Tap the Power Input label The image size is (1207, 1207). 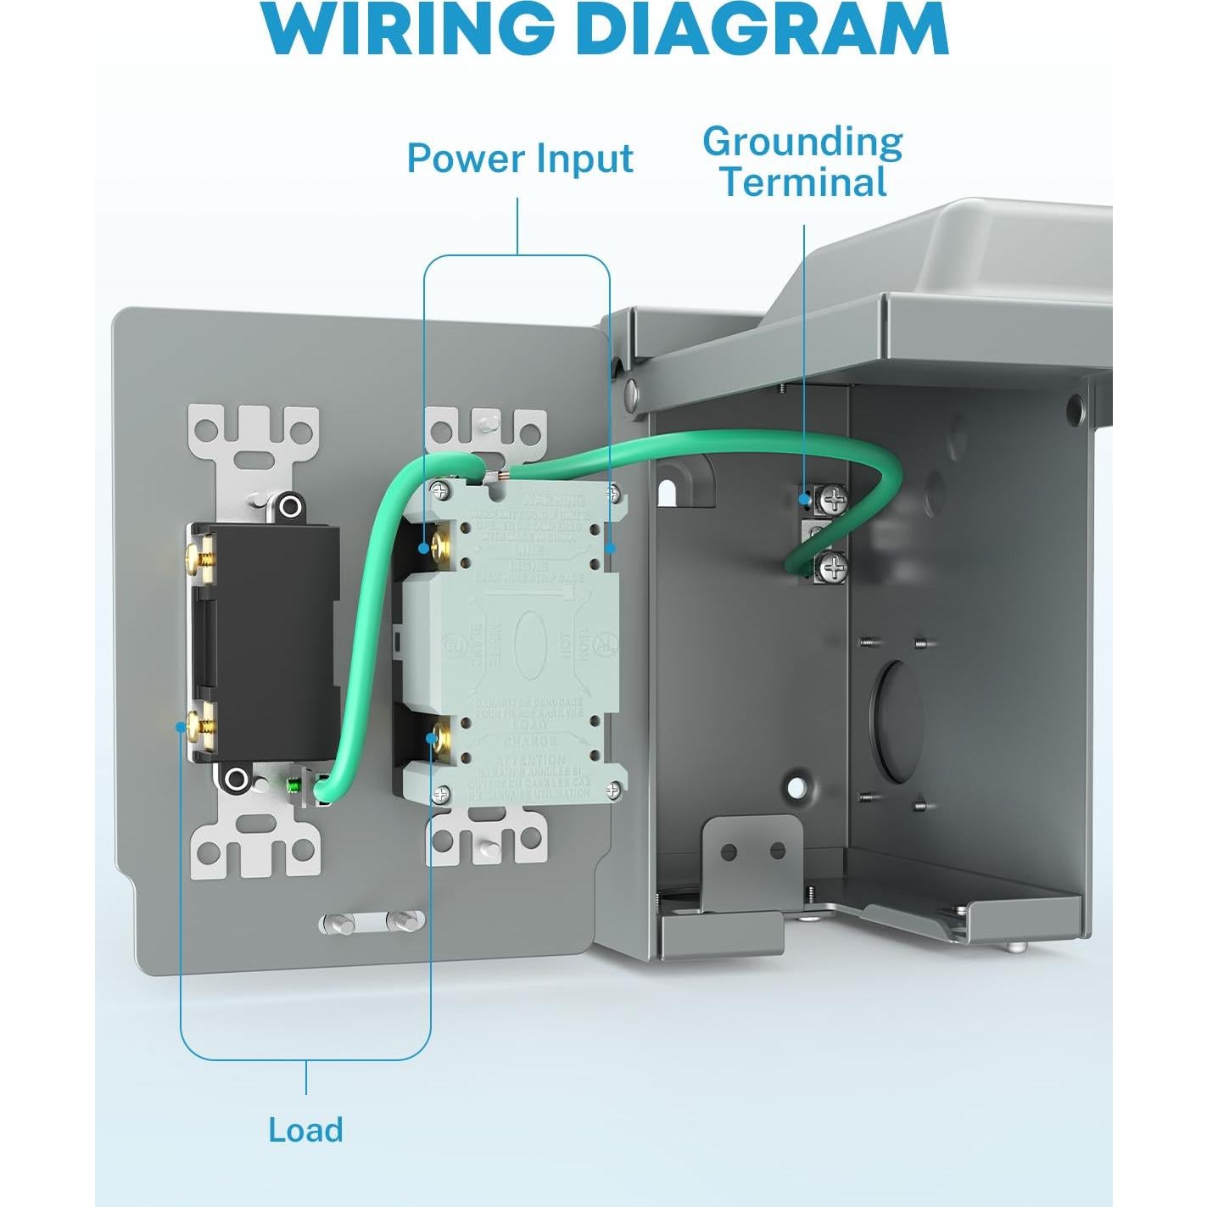(x=520, y=159)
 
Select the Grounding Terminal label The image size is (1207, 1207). (x=802, y=162)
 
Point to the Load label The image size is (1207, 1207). (x=305, y=1131)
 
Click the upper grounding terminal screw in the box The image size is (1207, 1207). (x=834, y=499)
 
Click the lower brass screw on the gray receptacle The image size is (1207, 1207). (x=439, y=735)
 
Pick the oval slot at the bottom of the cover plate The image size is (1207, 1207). (x=372, y=922)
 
